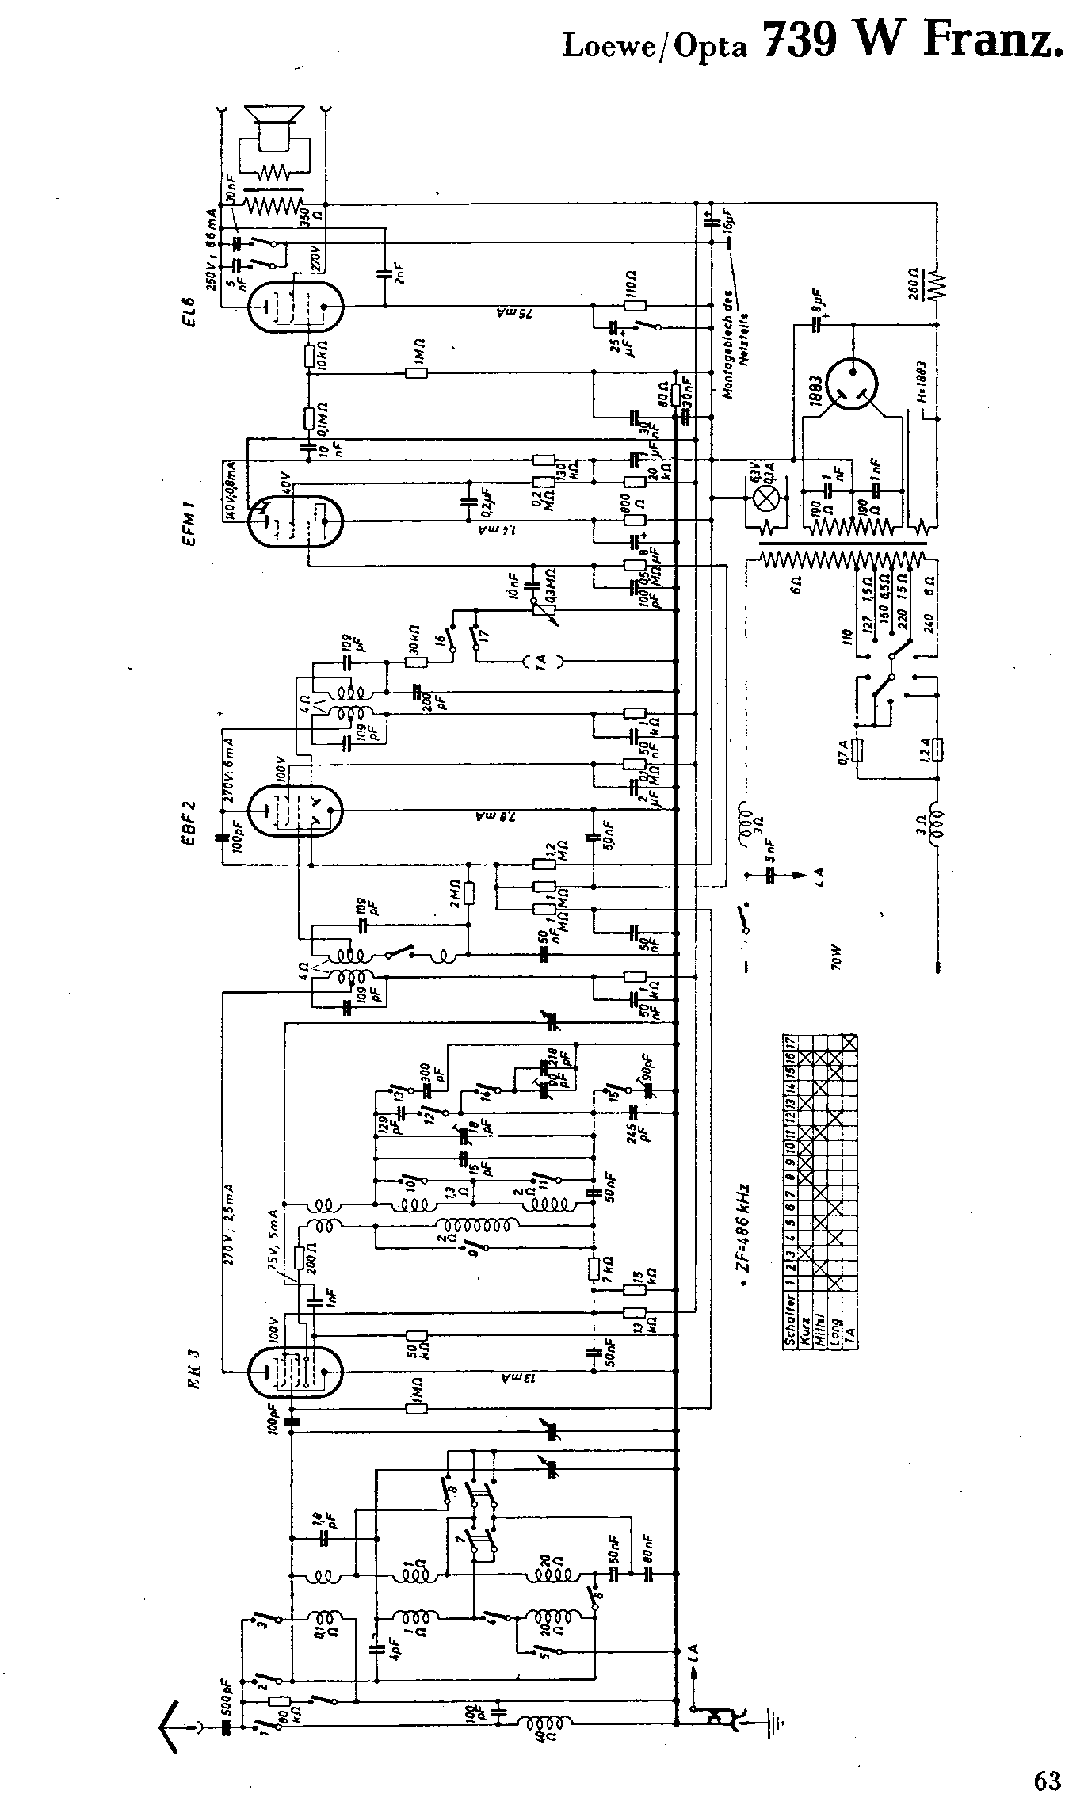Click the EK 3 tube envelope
click(295, 1373)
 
